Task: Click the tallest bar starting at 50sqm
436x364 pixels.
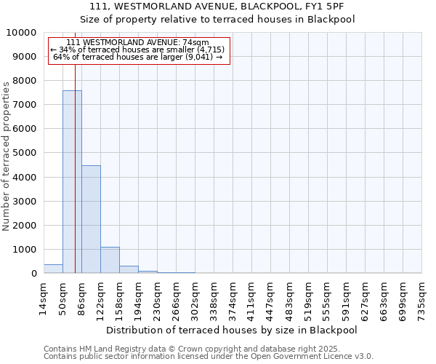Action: pos(72,182)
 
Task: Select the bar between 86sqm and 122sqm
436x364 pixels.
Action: pos(91,219)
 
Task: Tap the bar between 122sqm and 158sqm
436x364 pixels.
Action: pos(110,260)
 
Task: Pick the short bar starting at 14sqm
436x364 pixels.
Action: pos(53,269)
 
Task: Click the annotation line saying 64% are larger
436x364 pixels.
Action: pos(138,57)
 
